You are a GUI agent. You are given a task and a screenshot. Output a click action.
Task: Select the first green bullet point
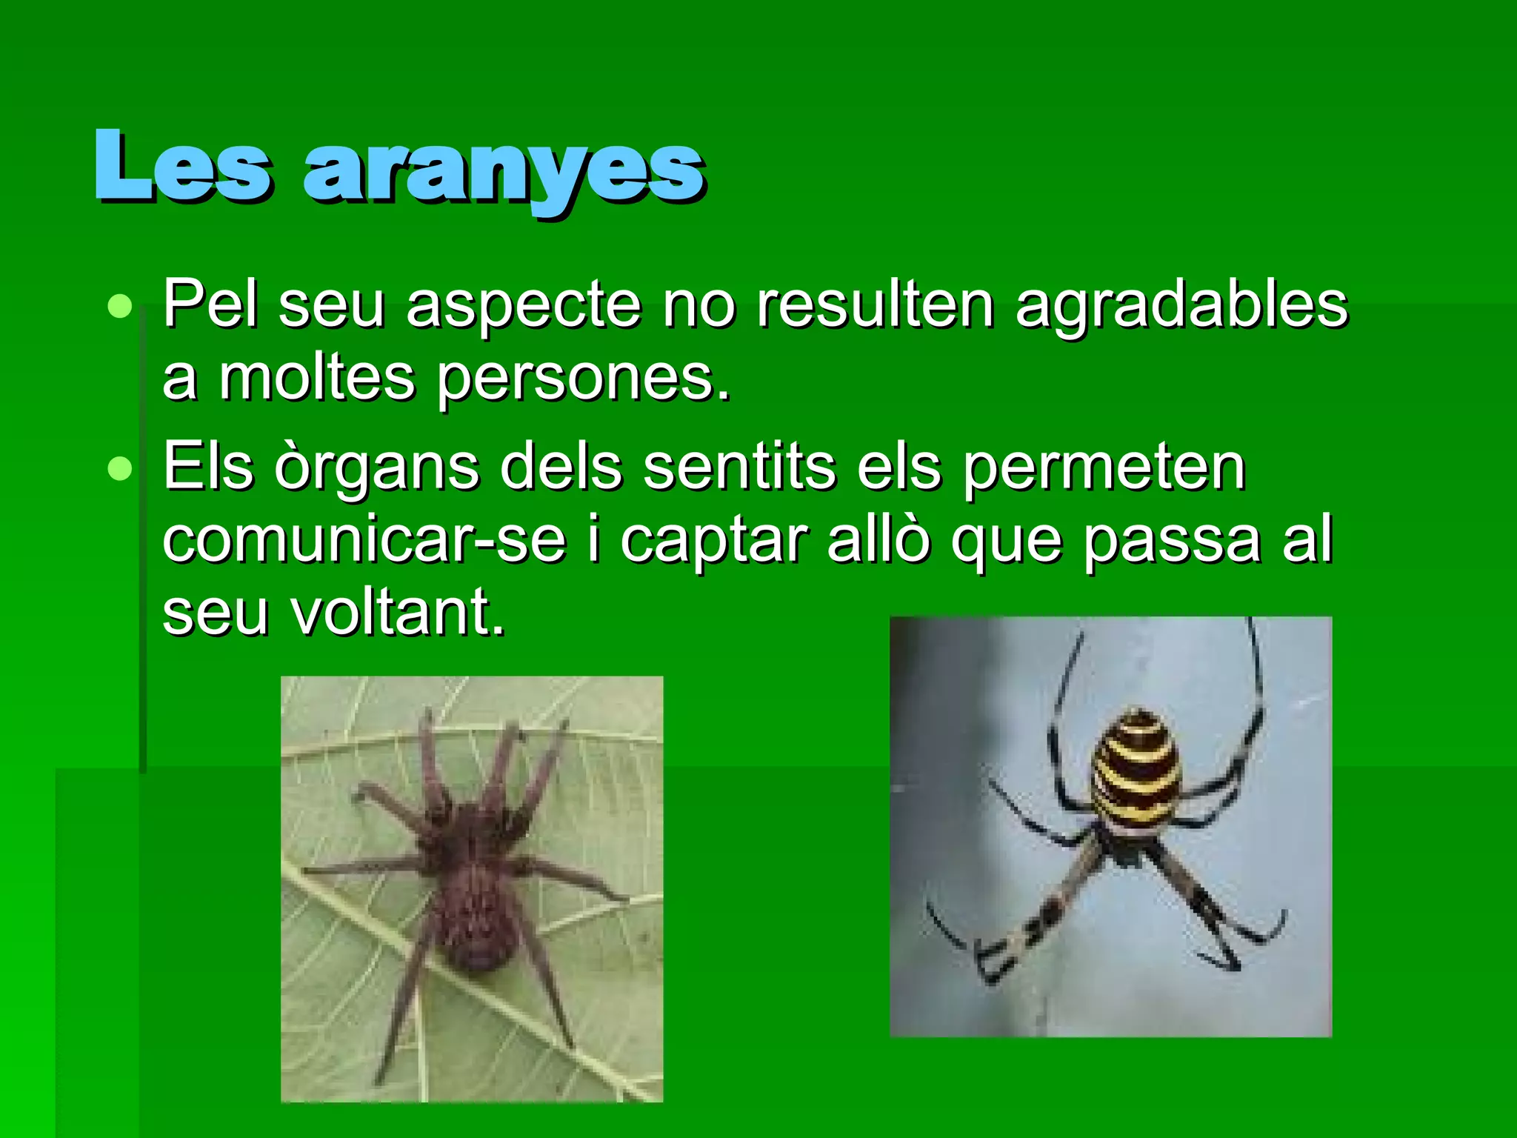[x=119, y=306]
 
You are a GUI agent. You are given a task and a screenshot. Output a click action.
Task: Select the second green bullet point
[x=119, y=468]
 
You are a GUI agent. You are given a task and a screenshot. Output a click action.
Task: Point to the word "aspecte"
[x=524, y=305]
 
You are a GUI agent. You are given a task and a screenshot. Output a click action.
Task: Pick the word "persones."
[x=583, y=379]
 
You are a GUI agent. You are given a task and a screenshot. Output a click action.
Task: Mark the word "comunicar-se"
[x=364, y=541]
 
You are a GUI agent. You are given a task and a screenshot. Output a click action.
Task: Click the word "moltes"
[x=316, y=379]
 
